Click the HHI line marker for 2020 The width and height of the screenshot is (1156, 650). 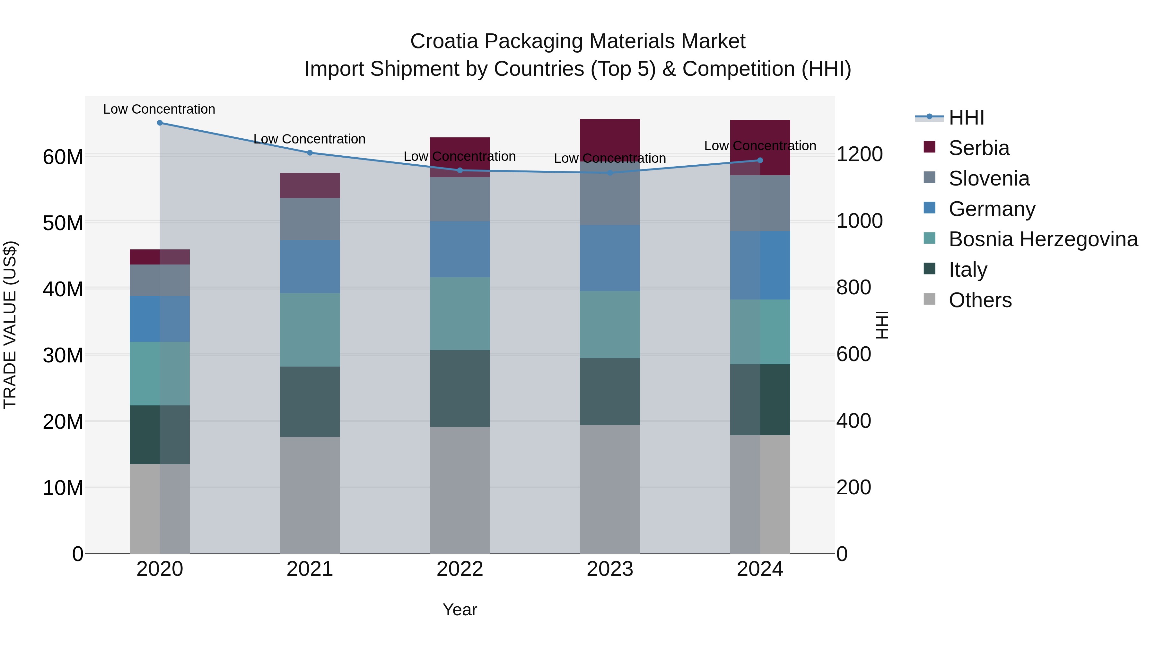click(x=160, y=123)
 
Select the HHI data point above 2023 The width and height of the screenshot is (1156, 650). click(x=610, y=173)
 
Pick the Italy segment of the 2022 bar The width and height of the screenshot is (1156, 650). click(x=460, y=388)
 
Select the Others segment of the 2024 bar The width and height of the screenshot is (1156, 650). click(x=760, y=494)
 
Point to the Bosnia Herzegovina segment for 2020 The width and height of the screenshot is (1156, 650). click(x=160, y=374)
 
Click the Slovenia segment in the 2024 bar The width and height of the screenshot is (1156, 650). click(x=760, y=203)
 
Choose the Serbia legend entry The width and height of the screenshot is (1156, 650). click(x=979, y=148)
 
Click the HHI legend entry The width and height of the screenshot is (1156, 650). click(x=966, y=117)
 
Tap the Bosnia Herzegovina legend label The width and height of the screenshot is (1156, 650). click(x=1043, y=239)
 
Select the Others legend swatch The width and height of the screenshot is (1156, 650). click(x=929, y=299)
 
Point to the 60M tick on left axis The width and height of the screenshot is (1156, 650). click(x=63, y=157)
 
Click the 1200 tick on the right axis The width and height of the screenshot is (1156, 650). click(x=859, y=154)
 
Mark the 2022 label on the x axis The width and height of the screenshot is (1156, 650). click(x=460, y=569)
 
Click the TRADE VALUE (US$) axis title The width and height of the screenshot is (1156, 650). click(x=10, y=325)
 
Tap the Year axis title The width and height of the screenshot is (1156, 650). click(x=460, y=610)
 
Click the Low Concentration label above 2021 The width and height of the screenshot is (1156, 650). click(x=310, y=139)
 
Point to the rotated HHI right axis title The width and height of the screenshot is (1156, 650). click(x=881, y=325)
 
